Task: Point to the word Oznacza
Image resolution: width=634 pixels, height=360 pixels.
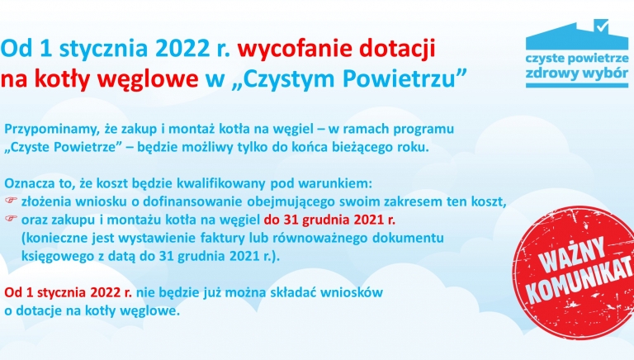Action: coord(31,182)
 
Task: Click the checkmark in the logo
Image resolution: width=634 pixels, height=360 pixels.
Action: coord(602,24)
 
